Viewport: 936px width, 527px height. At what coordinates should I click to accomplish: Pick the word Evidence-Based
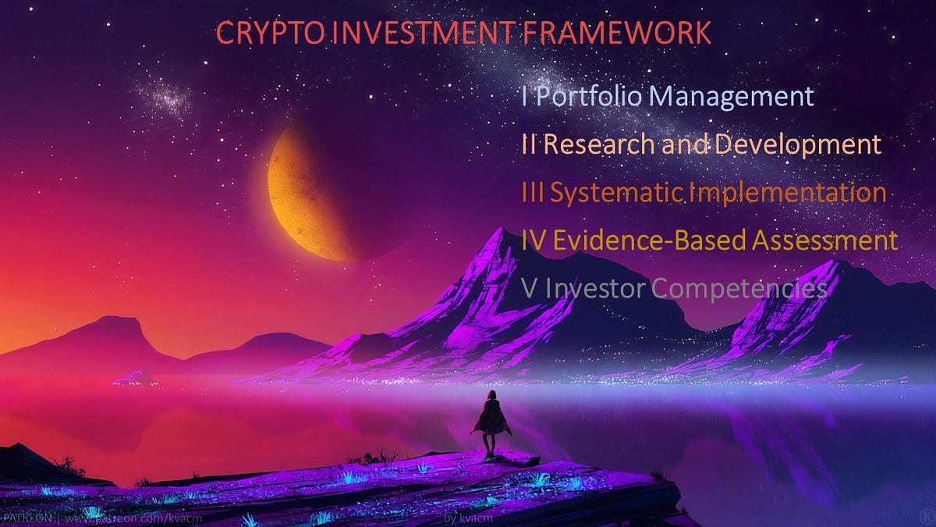[651, 240]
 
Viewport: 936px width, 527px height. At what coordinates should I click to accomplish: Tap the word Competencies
[738, 289]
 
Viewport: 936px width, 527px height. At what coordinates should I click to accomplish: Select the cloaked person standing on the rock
[490, 423]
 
